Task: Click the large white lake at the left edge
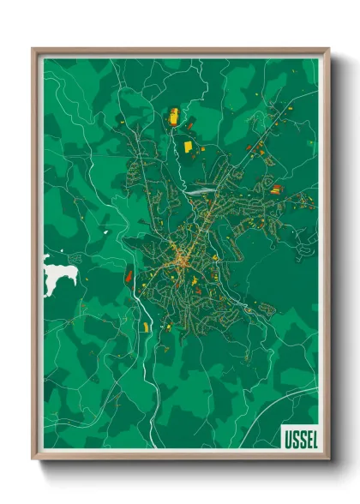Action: coord(60,275)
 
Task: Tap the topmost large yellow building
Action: coord(172,116)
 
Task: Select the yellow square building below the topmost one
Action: coord(187,147)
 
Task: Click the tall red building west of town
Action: coord(128,275)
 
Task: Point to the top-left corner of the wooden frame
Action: coord(33,50)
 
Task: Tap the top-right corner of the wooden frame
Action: coord(328,50)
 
